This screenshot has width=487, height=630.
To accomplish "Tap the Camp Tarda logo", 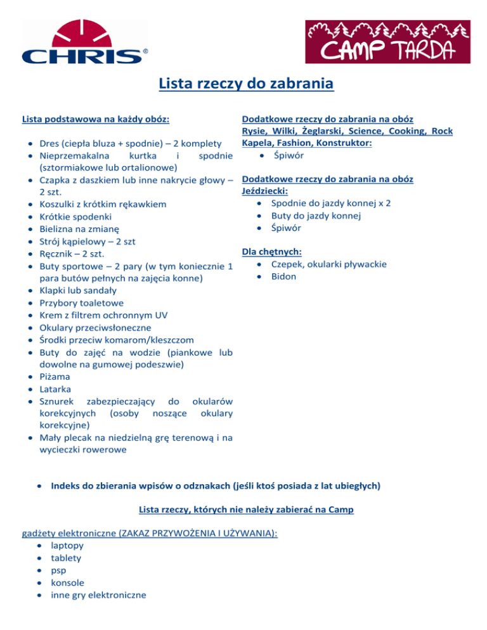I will pos(388,42).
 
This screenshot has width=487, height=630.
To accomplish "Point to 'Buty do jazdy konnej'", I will pos(316,216).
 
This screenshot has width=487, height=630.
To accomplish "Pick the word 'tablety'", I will pos(66,558).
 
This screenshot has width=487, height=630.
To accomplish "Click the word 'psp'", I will pos(59,570).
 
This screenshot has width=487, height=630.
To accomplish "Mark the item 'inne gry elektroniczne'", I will pos(98,595).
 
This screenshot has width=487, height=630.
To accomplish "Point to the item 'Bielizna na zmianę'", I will pos(84,229).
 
